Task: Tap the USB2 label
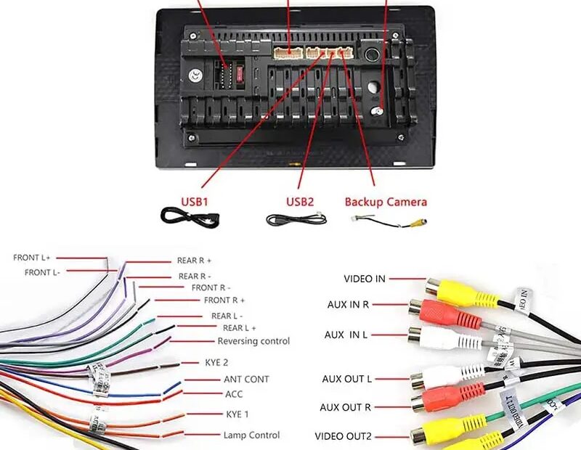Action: click(x=300, y=201)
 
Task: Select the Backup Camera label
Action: click(x=386, y=202)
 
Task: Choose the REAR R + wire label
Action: click(x=194, y=261)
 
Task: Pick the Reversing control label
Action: click(x=253, y=341)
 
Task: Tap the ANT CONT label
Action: click(x=246, y=380)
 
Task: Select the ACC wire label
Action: click(x=234, y=395)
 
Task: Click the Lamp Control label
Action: click(x=251, y=435)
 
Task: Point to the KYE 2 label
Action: click(x=217, y=361)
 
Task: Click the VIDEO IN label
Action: click(x=365, y=279)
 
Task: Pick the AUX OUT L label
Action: click(x=347, y=380)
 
